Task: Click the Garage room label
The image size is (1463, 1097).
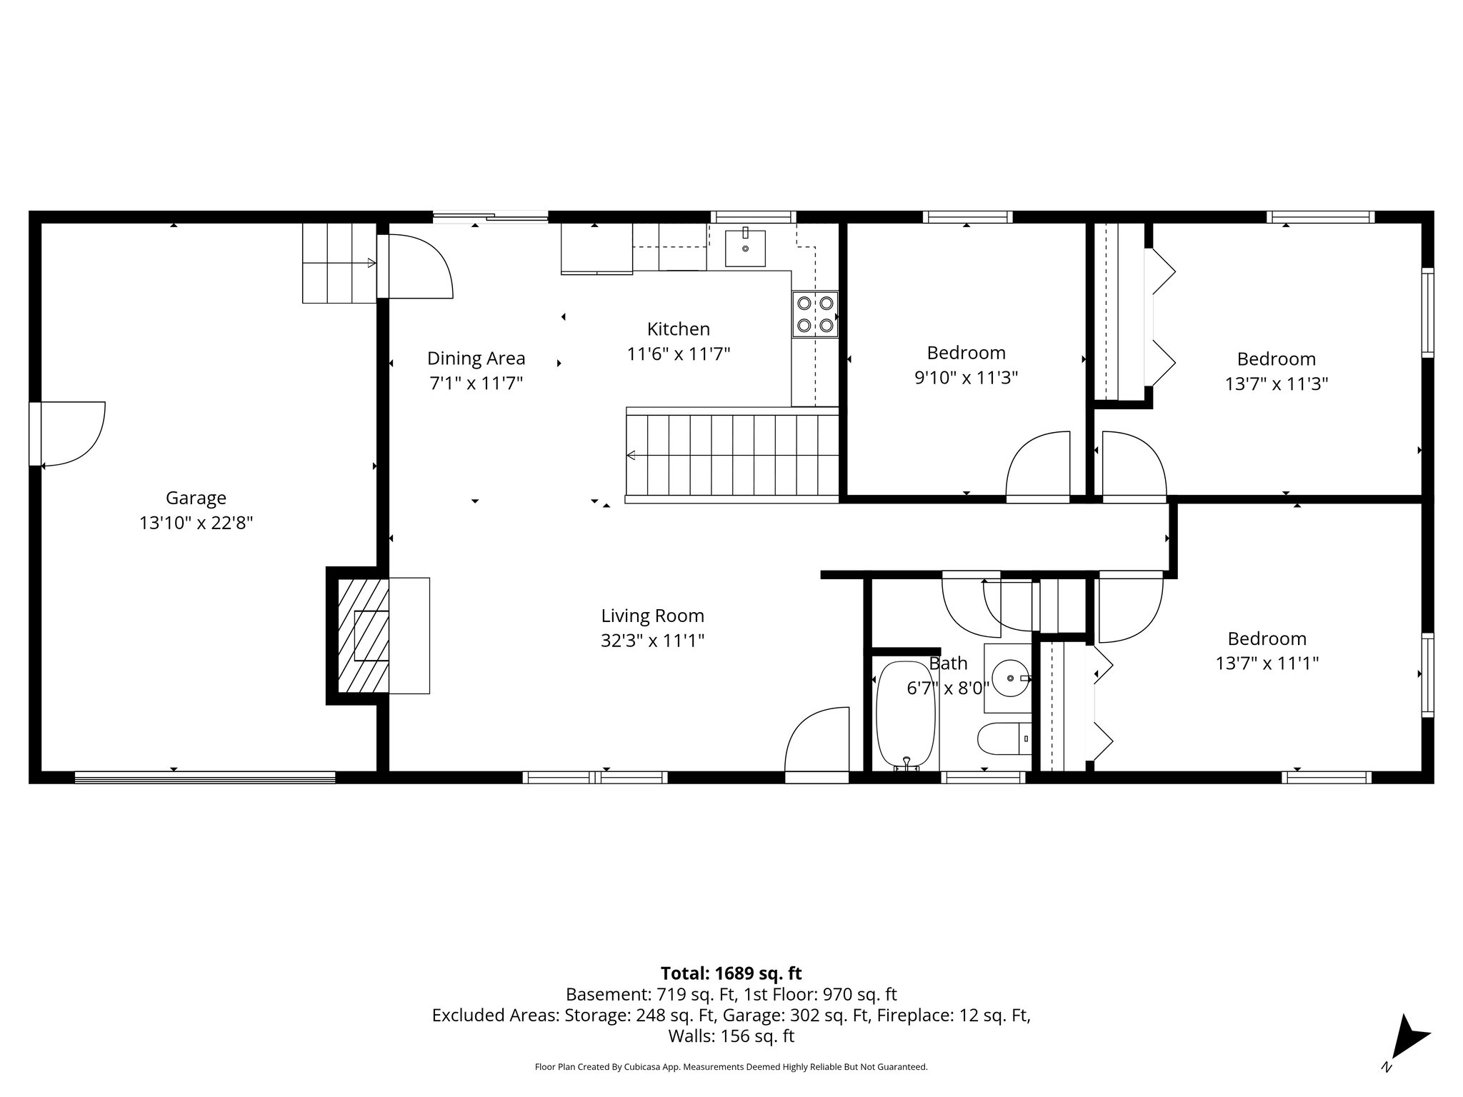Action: point(196,498)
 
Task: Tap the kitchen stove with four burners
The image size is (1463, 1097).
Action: point(814,314)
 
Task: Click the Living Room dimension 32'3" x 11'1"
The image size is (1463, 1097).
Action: point(652,641)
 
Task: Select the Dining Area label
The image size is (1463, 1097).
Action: point(476,359)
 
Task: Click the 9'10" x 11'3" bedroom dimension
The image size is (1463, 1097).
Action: point(966,378)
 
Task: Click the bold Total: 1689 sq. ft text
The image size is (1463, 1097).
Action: point(731,973)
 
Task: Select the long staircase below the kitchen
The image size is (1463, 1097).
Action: point(732,456)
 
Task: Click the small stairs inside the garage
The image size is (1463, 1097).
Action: point(339,264)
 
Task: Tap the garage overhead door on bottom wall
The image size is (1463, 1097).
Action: point(205,777)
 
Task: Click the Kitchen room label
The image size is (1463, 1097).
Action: point(678,329)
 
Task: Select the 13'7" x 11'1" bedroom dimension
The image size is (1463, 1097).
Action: point(1267,663)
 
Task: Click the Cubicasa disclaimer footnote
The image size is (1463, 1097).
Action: point(731,1067)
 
